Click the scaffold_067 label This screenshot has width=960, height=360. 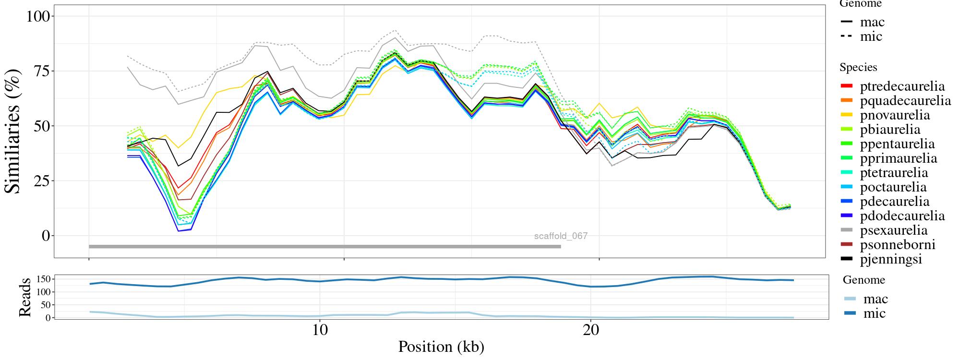pyautogui.click(x=561, y=236)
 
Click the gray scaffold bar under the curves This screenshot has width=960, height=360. pyautogui.click(x=324, y=247)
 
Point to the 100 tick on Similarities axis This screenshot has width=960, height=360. pyautogui.click(x=38, y=16)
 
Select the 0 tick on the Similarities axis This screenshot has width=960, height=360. pyautogui.click(x=46, y=236)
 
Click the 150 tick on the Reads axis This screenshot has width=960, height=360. pyautogui.click(x=44, y=279)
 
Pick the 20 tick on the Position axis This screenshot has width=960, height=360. pyautogui.click(x=591, y=331)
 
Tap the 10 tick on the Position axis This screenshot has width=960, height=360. pyautogui.click(x=320, y=331)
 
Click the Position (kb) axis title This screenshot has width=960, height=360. pyautogui.click(x=441, y=347)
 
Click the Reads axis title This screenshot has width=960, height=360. pyautogui.click(x=24, y=297)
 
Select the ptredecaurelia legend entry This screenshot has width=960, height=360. pyautogui.click(x=902, y=86)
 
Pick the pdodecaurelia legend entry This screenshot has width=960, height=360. pyautogui.click(x=902, y=216)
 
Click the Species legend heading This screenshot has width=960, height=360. pyautogui.click(x=858, y=68)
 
